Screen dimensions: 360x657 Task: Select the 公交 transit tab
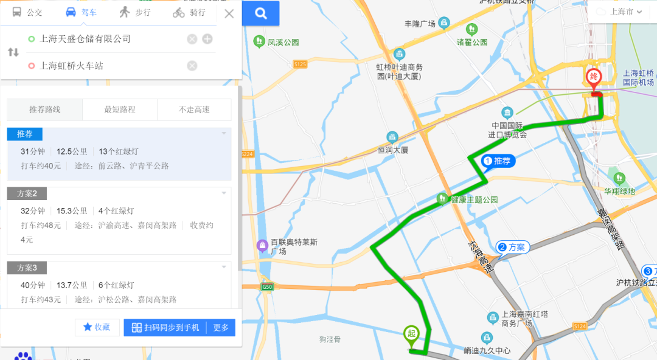point(27,12)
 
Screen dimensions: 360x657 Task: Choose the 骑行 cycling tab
point(189,12)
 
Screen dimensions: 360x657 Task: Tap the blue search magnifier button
point(261,13)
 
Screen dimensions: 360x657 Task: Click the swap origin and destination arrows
point(13,52)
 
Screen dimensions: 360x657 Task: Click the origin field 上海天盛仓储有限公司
point(85,39)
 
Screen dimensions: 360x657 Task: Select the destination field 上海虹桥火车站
point(71,66)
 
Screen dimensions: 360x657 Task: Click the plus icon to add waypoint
point(207,39)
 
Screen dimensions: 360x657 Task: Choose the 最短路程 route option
point(119,109)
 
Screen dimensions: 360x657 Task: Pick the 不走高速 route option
point(194,109)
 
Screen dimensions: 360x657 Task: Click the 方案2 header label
point(27,193)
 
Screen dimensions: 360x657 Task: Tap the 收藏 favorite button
point(97,327)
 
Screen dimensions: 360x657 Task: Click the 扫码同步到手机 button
point(165,327)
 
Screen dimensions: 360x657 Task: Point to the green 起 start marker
point(411,333)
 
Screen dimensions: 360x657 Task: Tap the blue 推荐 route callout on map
point(499,161)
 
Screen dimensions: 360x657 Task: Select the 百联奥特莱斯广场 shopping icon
point(262,246)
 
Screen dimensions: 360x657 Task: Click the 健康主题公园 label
point(474,199)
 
